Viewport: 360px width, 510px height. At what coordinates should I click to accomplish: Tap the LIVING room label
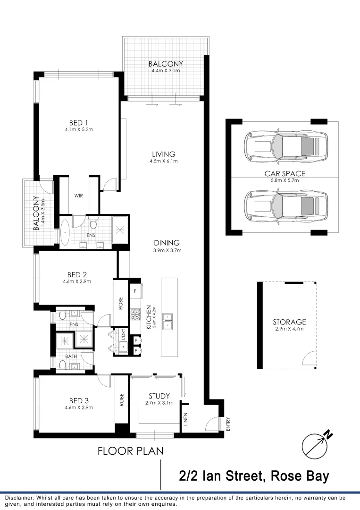[x=164, y=154]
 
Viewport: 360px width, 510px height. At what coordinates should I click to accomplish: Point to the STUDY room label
[x=159, y=396]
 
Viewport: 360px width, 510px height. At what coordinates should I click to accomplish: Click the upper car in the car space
[x=285, y=144]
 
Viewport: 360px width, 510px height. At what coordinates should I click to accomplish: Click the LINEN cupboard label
[x=185, y=418]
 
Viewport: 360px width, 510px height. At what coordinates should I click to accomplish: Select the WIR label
[x=78, y=195]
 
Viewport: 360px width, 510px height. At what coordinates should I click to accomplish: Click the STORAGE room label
[x=289, y=322]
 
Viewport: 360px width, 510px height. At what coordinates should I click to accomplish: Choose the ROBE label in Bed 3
[x=122, y=400]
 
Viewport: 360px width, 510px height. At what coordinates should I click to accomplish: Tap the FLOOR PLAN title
[x=130, y=451]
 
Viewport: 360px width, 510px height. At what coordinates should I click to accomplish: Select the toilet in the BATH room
[x=61, y=365]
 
